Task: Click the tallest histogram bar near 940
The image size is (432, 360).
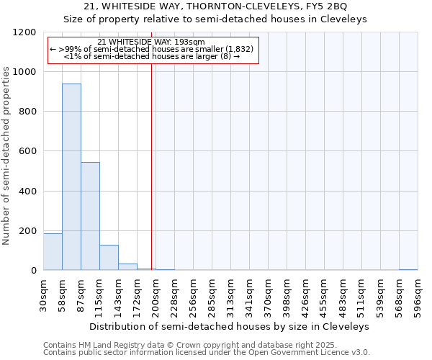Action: (x=71, y=177)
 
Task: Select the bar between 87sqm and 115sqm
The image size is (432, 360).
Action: (x=90, y=216)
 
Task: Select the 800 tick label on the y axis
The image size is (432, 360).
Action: (x=29, y=112)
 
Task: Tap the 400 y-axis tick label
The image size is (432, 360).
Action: (x=29, y=192)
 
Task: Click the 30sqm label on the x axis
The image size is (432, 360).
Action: (x=44, y=294)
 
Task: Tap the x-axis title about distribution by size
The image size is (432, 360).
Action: (x=230, y=326)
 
